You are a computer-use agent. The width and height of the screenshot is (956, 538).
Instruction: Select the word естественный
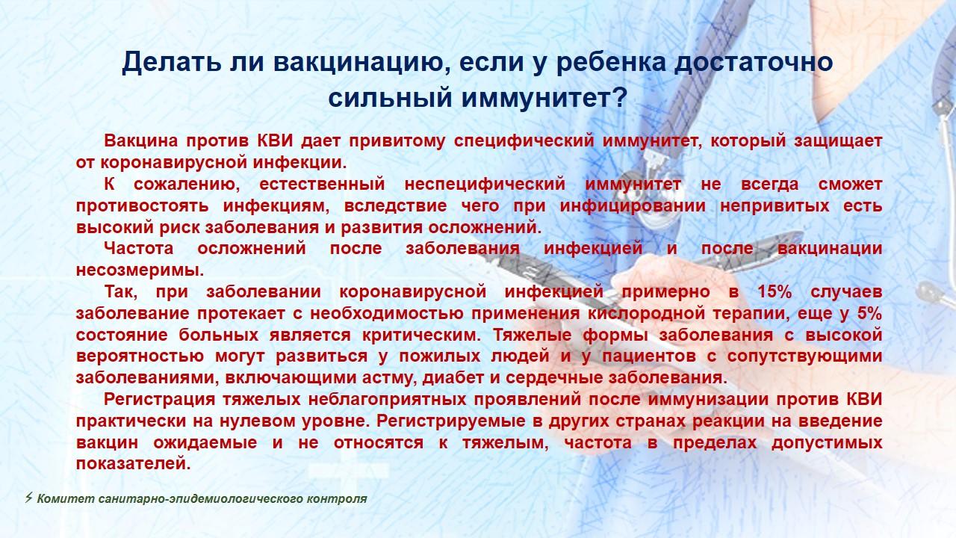[322, 185]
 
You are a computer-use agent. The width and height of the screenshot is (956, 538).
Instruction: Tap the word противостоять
[143, 205]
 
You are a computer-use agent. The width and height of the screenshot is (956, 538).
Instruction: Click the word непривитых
[775, 205]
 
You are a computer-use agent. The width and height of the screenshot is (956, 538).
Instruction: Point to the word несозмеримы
[140, 270]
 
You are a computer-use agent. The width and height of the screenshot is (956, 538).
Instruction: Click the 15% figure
[775, 291]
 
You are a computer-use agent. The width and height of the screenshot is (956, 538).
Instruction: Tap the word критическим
[421, 335]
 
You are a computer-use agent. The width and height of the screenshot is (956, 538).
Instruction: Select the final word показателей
[133, 464]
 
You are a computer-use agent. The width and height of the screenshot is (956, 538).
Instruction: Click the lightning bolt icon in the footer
[29, 498]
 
